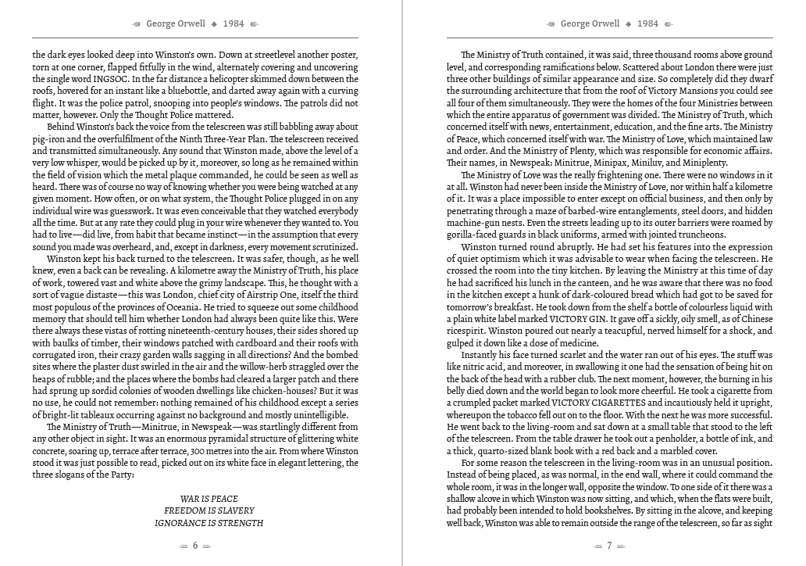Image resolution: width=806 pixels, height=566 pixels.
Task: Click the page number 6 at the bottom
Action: (x=194, y=546)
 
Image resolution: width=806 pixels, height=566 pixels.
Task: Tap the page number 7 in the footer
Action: (x=609, y=546)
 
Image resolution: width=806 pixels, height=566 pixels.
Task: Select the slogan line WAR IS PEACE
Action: (x=209, y=499)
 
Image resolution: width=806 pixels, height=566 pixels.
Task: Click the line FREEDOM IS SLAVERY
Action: (x=209, y=510)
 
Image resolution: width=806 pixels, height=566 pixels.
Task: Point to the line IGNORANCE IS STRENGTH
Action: (x=209, y=523)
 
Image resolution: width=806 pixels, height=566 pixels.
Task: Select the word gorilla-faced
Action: (x=476, y=235)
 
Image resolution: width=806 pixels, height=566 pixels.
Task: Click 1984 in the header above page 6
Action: (x=233, y=23)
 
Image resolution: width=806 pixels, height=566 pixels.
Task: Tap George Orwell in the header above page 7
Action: (x=590, y=23)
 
